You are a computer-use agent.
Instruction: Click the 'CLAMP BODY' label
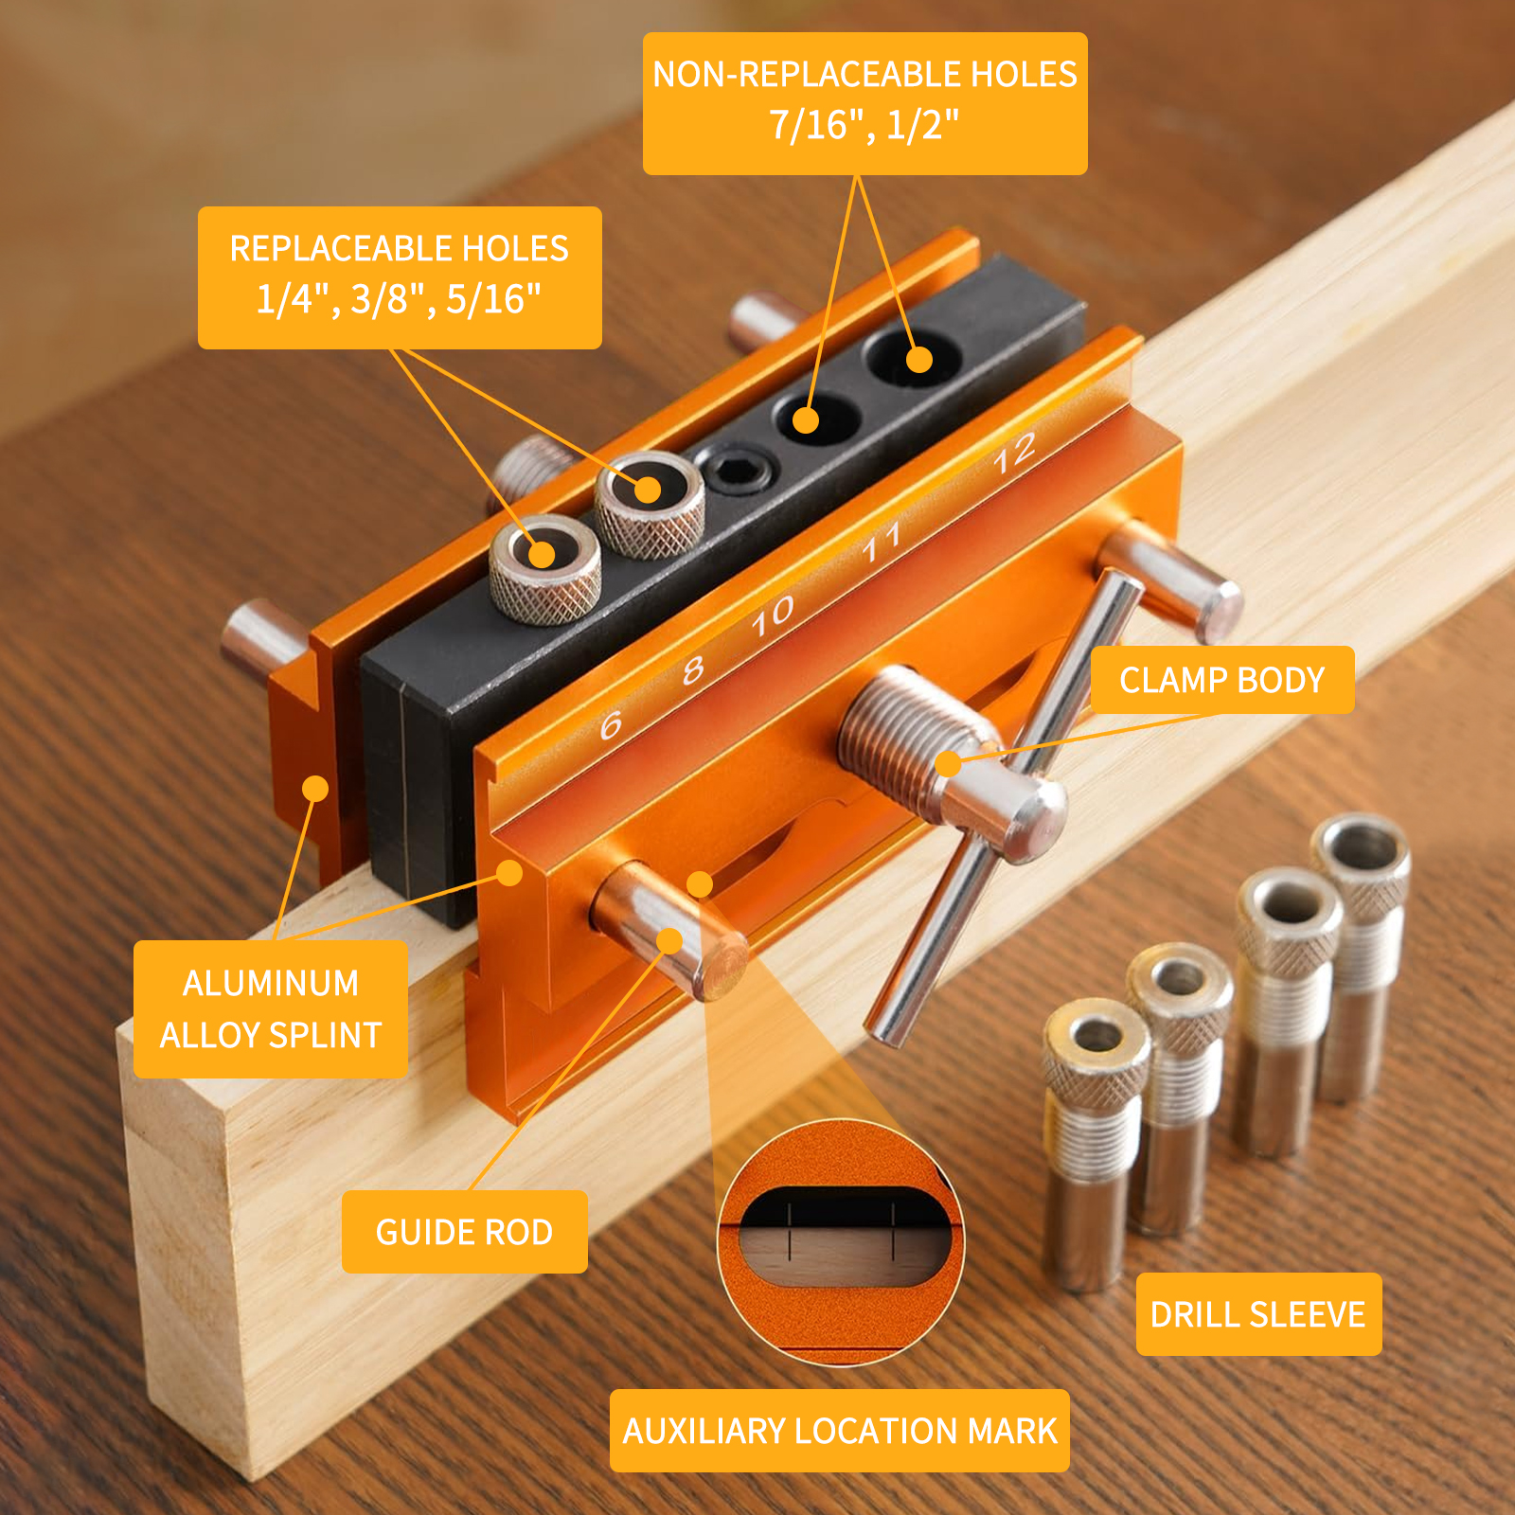click(1222, 680)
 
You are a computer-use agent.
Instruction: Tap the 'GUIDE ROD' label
click(464, 1232)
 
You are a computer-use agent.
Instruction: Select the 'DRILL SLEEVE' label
click(1258, 1314)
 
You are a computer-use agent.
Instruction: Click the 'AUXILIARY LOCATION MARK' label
click(840, 1431)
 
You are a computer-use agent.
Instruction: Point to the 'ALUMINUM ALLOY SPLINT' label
click(271, 1009)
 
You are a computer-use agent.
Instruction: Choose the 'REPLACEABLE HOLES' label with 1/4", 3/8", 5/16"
click(400, 277)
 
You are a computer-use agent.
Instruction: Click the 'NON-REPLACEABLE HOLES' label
click(864, 103)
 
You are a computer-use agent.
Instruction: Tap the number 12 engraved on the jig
click(1014, 453)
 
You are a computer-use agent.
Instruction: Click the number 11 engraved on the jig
click(881, 543)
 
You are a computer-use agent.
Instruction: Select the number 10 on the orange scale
click(773, 615)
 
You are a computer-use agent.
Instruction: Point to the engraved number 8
click(693, 669)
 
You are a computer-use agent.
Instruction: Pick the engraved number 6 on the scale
click(611, 725)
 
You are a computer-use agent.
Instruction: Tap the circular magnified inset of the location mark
click(841, 1241)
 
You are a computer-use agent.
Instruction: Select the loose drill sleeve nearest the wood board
click(1095, 1144)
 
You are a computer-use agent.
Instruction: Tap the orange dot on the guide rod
click(669, 940)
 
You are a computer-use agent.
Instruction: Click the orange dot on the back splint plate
click(315, 788)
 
